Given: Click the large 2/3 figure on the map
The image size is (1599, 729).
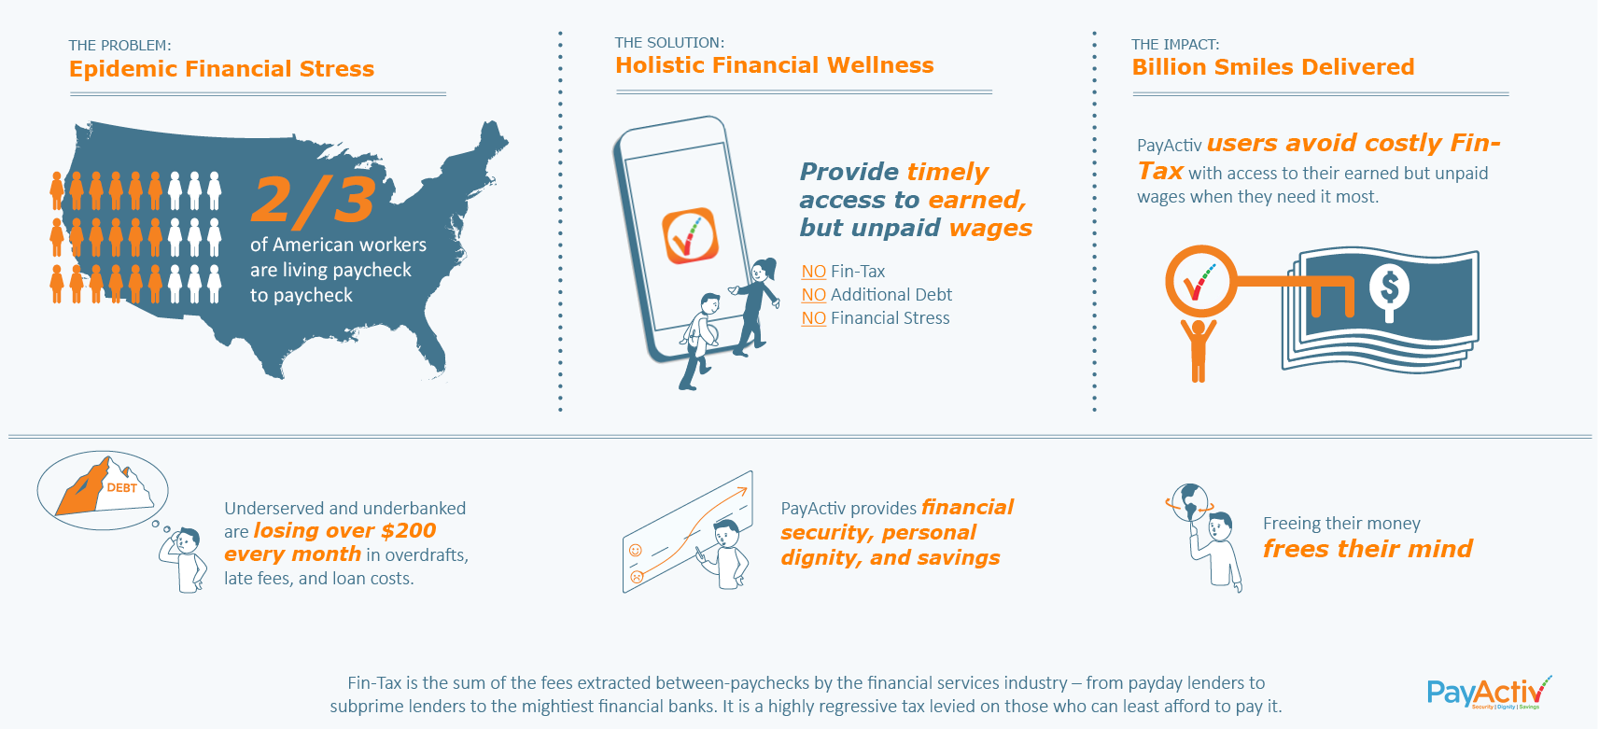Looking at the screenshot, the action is pos(313,199).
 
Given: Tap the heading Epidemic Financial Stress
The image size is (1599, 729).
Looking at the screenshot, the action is pos(221,68).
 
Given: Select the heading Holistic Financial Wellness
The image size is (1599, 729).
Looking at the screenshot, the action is pos(775,65).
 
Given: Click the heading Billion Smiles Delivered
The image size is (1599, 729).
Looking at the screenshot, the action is pos(1273,67).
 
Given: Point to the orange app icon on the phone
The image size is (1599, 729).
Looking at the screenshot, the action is pos(690,235).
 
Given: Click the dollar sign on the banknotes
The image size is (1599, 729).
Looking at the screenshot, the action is pos(1389,287).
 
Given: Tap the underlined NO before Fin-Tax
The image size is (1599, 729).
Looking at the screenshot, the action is pos(813,272).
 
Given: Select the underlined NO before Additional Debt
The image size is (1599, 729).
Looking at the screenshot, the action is pos(813,295).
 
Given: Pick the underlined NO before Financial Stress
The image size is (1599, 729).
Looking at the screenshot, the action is pos(813,318).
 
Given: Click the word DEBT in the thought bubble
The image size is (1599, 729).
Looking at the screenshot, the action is pos(121,488).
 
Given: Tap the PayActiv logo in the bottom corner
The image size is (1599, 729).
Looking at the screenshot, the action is pos(1489,692).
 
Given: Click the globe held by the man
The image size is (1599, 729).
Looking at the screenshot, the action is pos(1189,503).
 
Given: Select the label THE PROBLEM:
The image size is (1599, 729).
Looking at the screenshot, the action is pos(119,46).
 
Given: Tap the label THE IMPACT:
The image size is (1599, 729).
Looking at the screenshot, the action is pos(1176,44).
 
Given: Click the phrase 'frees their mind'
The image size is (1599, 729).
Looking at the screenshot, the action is pos(1368,549).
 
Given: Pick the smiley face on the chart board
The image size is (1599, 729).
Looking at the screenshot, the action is pos(635,550).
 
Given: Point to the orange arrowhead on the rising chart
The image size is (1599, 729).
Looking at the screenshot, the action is pos(742,491).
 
